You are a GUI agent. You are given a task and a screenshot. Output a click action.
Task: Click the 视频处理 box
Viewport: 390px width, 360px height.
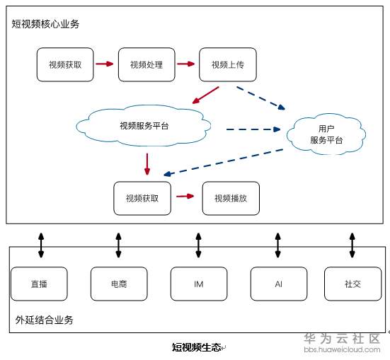pos(147,65)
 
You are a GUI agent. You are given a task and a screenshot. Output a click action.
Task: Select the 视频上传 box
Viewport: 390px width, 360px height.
pos(227,65)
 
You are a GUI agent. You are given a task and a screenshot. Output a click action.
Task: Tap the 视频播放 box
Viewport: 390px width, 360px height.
pos(231,199)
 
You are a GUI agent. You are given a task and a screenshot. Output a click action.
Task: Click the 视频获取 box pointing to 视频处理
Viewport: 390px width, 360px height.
pos(65,65)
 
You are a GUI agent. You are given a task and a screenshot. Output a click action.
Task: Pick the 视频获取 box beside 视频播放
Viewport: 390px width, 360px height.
pos(142,199)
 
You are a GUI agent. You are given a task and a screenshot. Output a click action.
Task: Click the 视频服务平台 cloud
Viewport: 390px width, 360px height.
pos(144,127)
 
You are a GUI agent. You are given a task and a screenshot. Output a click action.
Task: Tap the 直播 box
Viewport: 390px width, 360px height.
pos(39,284)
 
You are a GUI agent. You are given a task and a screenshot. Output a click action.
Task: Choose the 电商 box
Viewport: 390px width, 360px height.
pos(119,284)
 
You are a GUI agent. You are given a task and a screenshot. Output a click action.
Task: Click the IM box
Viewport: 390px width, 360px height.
pos(199,284)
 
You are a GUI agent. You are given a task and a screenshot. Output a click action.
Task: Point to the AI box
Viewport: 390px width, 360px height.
pos(278,284)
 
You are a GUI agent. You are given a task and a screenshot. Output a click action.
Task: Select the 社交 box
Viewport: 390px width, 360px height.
pos(352,284)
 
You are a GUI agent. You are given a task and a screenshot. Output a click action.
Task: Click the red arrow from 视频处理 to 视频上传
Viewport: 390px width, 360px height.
pos(186,64)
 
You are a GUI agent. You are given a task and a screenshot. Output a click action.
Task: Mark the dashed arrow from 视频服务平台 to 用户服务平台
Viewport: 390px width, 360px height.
pos(253,129)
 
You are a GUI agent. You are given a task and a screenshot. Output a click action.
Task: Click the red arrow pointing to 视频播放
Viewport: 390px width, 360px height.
pos(185,196)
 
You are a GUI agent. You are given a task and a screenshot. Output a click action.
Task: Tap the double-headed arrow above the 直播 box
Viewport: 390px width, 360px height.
pos(40,244)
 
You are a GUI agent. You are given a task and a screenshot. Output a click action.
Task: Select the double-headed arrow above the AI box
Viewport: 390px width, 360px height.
pos(278,244)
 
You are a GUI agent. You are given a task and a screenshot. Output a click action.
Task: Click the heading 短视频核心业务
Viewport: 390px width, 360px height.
pos(45,23)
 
